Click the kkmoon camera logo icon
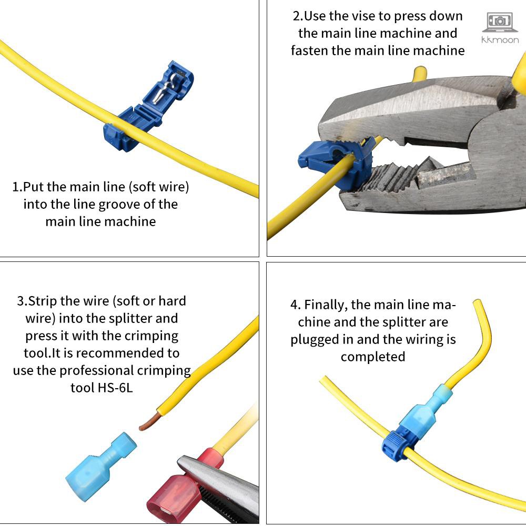click(x=500, y=22)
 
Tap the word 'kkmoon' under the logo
click(x=500, y=40)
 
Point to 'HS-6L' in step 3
click(x=115, y=388)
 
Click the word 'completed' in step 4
click(x=373, y=357)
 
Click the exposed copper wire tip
click(x=149, y=422)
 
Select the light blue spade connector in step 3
click(x=100, y=467)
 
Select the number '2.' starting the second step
click(x=298, y=16)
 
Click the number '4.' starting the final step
click(x=296, y=305)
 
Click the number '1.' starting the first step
click(x=17, y=187)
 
